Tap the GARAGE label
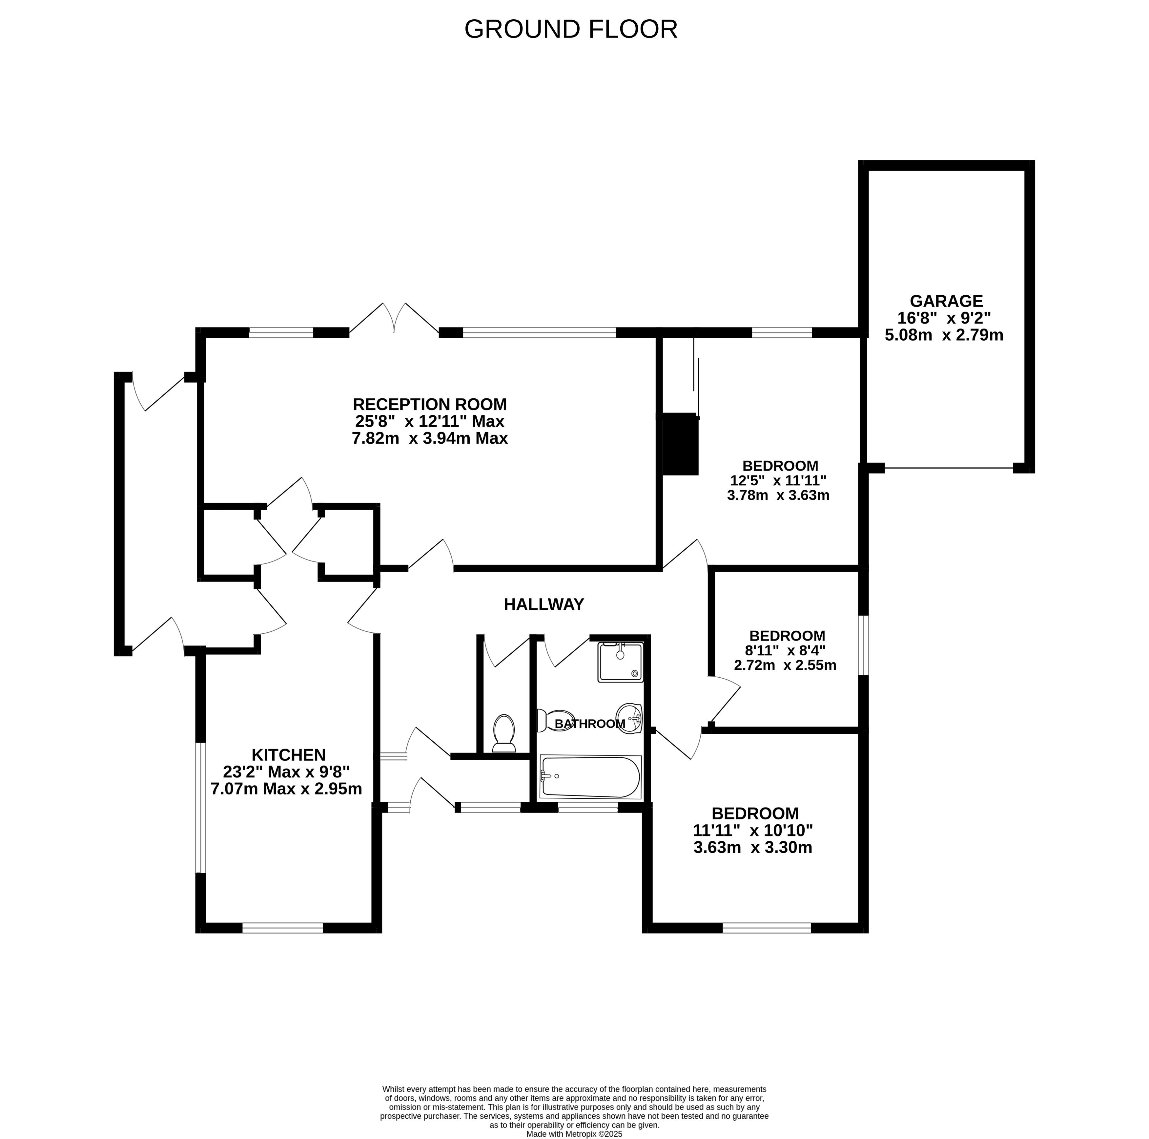pos(946,301)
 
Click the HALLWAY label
pos(544,604)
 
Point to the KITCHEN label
pos(288,755)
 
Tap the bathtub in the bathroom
pos(590,777)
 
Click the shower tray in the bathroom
pos(620,662)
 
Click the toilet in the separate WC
pos(504,733)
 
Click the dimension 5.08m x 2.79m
pos(944,335)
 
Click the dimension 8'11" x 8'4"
pos(785,650)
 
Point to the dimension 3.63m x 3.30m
pos(753,847)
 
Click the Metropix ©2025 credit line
pos(574,1134)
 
